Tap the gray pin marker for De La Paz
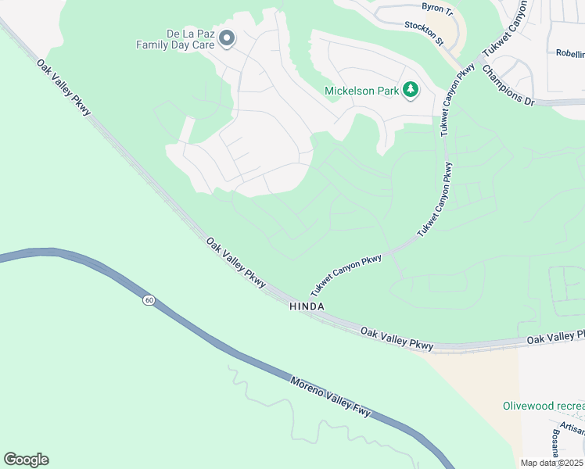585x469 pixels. pos(227,38)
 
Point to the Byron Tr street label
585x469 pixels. pos(437,9)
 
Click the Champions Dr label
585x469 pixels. pos(507,84)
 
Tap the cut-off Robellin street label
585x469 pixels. pos(570,54)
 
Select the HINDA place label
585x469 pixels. pos(307,307)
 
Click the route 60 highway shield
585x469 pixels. pos(148,300)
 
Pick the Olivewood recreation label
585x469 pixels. pos(543,406)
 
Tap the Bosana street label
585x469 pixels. pos(554,442)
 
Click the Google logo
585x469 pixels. pos(26,460)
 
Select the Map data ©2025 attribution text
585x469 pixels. pos(552,463)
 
